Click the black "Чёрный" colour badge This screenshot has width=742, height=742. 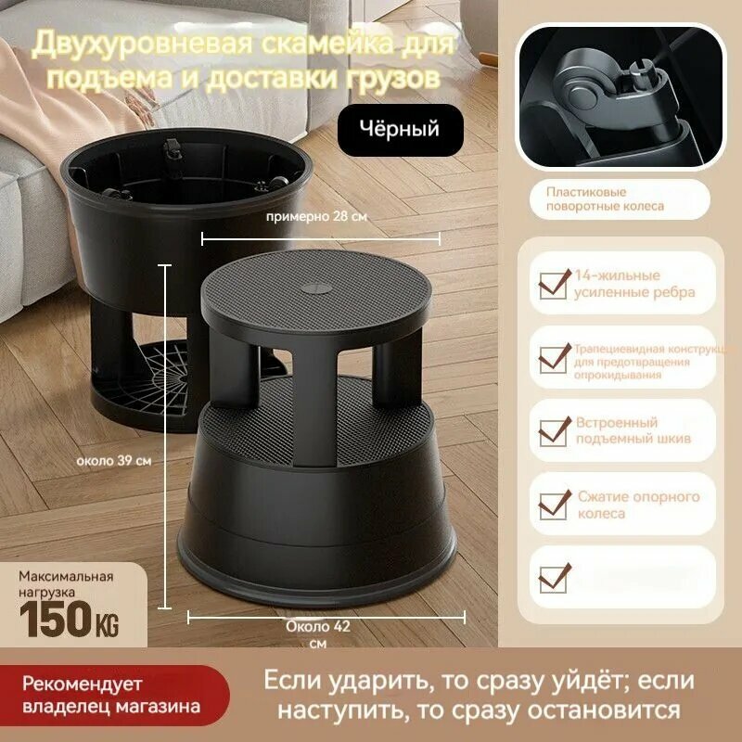401,130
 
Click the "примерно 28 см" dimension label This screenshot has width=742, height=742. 316,216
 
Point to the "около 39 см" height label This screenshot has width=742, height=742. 114,459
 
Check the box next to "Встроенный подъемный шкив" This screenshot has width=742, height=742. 554,430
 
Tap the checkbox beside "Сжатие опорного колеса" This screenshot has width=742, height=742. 554,505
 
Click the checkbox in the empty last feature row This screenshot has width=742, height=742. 554,577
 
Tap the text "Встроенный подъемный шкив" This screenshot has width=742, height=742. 633,430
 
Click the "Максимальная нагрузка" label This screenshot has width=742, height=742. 66,582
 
